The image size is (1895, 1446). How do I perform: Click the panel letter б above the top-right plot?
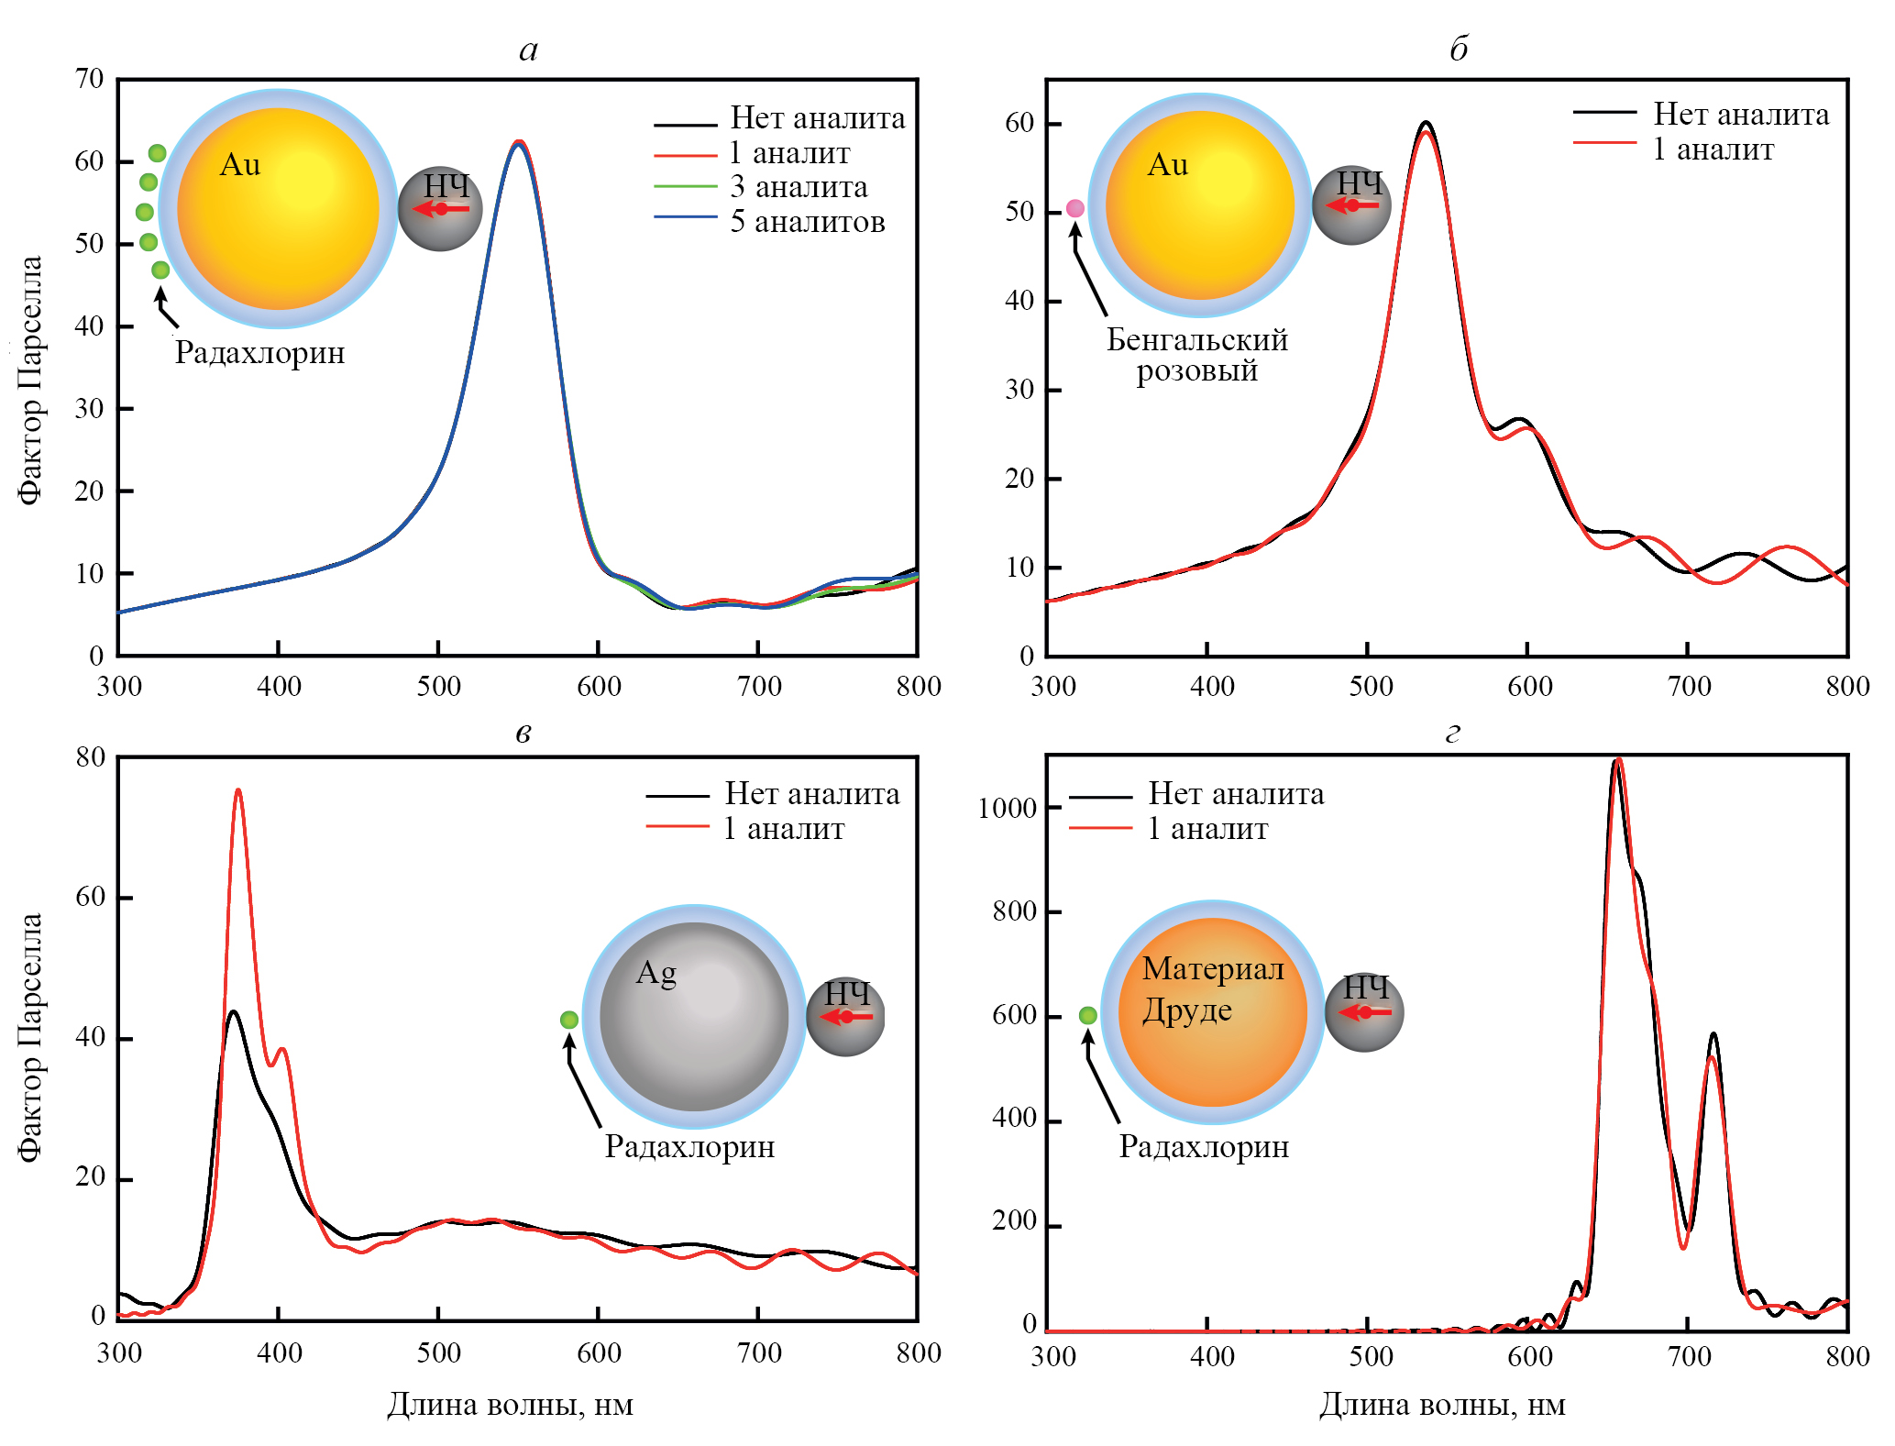click(1458, 49)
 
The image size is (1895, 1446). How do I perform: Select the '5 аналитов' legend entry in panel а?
click(807, 222)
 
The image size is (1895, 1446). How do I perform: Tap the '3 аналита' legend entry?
click(799, 187)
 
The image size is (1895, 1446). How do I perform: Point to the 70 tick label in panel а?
click(90, 79)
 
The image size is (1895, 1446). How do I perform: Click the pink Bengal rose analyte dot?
click(1075, 209)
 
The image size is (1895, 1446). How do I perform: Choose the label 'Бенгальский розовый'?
click(1196, 355)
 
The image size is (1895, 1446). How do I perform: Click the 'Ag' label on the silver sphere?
click(656, 973)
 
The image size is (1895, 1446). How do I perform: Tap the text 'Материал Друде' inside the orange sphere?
click(1212, 989)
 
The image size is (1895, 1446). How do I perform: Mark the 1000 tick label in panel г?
click(1007, 808)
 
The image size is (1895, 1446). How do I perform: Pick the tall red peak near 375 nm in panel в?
click(238, 790)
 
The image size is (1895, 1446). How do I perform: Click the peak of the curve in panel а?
click(519, 142)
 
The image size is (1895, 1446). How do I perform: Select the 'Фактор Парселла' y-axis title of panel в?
click(30, 1037)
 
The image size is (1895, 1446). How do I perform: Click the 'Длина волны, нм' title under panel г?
click(1442, 1405)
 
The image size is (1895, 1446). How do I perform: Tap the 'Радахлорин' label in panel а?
click(259, 353)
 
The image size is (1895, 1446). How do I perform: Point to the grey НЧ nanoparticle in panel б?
click(1351, 205)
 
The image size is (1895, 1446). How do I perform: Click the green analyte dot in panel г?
click(1087, 1015)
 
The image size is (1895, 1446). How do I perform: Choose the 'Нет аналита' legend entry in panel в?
click(811, 794)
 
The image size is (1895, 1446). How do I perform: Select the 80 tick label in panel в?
click(90, 757)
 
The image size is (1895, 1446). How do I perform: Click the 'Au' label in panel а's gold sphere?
click(240, 165)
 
